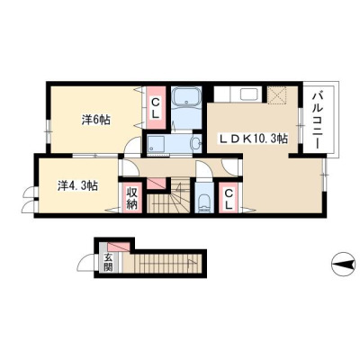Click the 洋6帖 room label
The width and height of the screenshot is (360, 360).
click(96, 120)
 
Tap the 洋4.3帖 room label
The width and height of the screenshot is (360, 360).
click(77, 186)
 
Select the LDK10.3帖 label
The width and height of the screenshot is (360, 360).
click(254, 139)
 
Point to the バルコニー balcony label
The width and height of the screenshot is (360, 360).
click(318, 121)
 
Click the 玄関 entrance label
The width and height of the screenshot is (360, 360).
click(108, 263)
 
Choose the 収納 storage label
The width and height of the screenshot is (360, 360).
click(131, 198)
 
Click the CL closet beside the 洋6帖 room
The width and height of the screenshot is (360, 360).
click(155, 108)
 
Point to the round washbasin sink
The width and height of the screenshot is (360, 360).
click(196, 144)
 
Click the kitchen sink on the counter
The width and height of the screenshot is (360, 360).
click(249, 94)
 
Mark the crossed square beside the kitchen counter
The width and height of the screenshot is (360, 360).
click(277, 94)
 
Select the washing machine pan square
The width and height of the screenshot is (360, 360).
click(156, 144)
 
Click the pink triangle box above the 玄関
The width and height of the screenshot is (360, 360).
click(119, 247)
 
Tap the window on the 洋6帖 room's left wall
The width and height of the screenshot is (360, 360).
click(48, 131)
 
